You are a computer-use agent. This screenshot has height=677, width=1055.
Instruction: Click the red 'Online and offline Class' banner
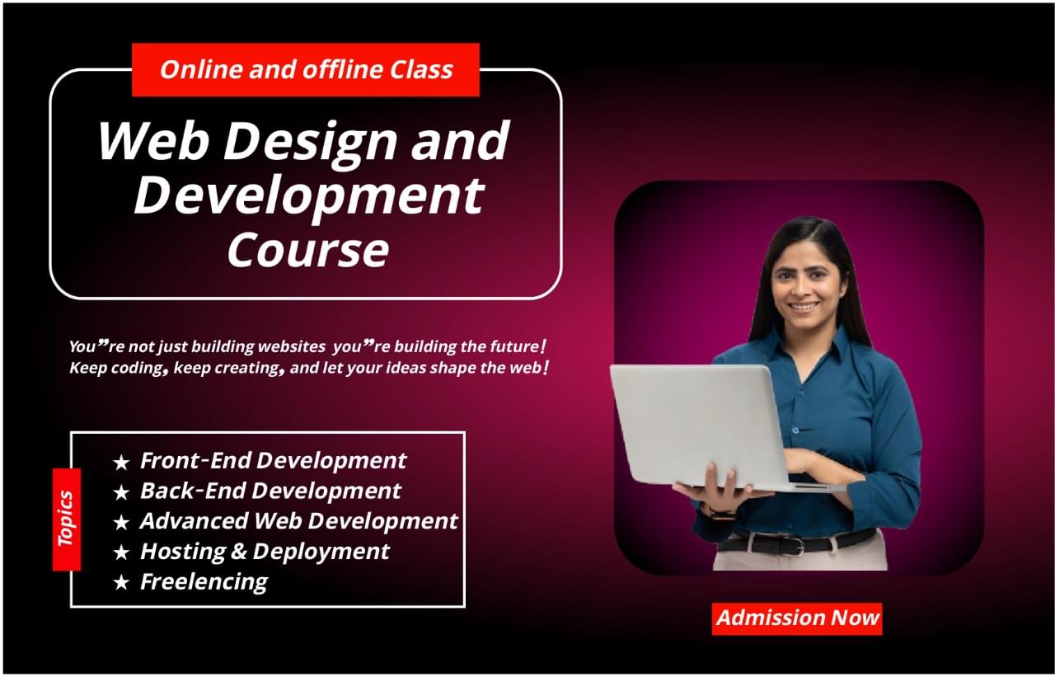pos(306,69)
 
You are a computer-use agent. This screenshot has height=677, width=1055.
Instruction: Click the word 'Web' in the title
pos(153,141)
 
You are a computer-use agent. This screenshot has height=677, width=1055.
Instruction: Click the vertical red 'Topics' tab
pos(67,519)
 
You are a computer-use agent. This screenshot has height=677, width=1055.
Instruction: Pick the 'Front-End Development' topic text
pos(273,460)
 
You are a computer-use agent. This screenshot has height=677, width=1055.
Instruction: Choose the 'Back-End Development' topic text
pos(270,491)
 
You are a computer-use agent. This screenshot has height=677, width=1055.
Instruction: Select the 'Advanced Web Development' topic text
pos(298,521)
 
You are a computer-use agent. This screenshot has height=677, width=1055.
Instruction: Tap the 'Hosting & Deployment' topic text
pos(265,551)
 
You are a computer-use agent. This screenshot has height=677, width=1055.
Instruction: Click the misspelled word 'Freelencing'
pos(204,581)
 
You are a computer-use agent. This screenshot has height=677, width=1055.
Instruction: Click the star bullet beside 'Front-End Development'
pos(121,462)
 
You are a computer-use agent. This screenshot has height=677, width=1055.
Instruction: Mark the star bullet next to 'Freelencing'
pos(121,583)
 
